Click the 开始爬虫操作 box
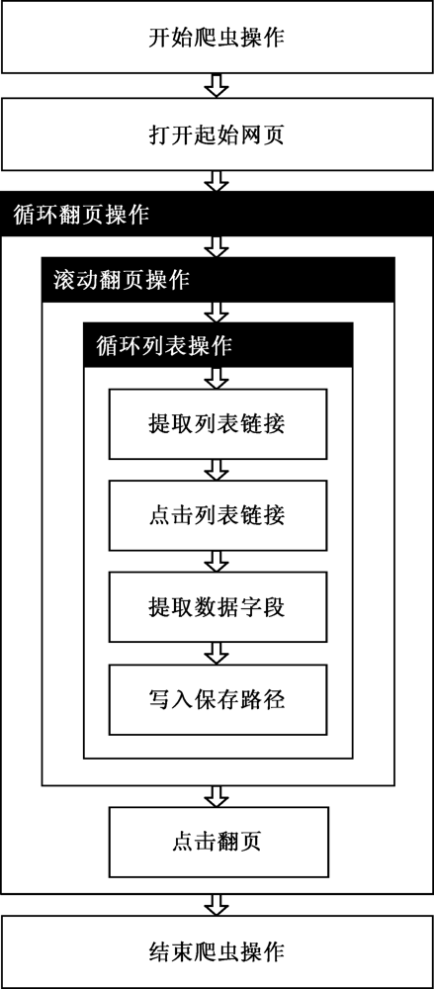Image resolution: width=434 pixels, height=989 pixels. tap(217, 38)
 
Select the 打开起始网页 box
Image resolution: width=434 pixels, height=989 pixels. tap(217, 134)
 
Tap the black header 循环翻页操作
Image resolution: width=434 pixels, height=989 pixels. tap(217, 214)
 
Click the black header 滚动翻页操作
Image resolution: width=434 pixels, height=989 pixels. tap(218, 280)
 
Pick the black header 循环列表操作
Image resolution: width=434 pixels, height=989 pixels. tap(218, 345)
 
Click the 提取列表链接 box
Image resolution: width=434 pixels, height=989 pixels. tap(217, 424)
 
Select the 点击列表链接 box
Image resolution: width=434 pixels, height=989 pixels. tap(217, 515)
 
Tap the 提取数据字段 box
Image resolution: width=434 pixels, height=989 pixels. tap(217, 607)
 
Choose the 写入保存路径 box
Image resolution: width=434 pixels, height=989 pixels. tap(217, 699)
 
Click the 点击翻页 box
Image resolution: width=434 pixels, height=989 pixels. tap(217, 842)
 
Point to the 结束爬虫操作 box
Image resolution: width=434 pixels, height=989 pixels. tap(217, 951)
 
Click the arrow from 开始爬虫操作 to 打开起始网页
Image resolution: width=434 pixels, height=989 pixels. tap(217, 86)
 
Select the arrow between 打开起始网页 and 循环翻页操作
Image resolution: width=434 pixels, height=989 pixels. tap(217, 181)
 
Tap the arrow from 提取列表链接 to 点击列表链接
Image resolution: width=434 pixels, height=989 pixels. tap(217, 470)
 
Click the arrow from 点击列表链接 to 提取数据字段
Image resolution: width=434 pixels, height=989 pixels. tap(217, 562)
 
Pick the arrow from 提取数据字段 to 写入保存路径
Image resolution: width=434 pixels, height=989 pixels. tap(217, 654)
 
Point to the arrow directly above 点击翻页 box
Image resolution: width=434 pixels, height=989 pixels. tap(217, 796)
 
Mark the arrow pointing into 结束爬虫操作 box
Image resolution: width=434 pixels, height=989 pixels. tap(217, 905)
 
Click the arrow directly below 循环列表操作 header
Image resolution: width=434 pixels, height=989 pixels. tap(217, 378)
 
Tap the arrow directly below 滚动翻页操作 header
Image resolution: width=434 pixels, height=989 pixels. tap(217, 313)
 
